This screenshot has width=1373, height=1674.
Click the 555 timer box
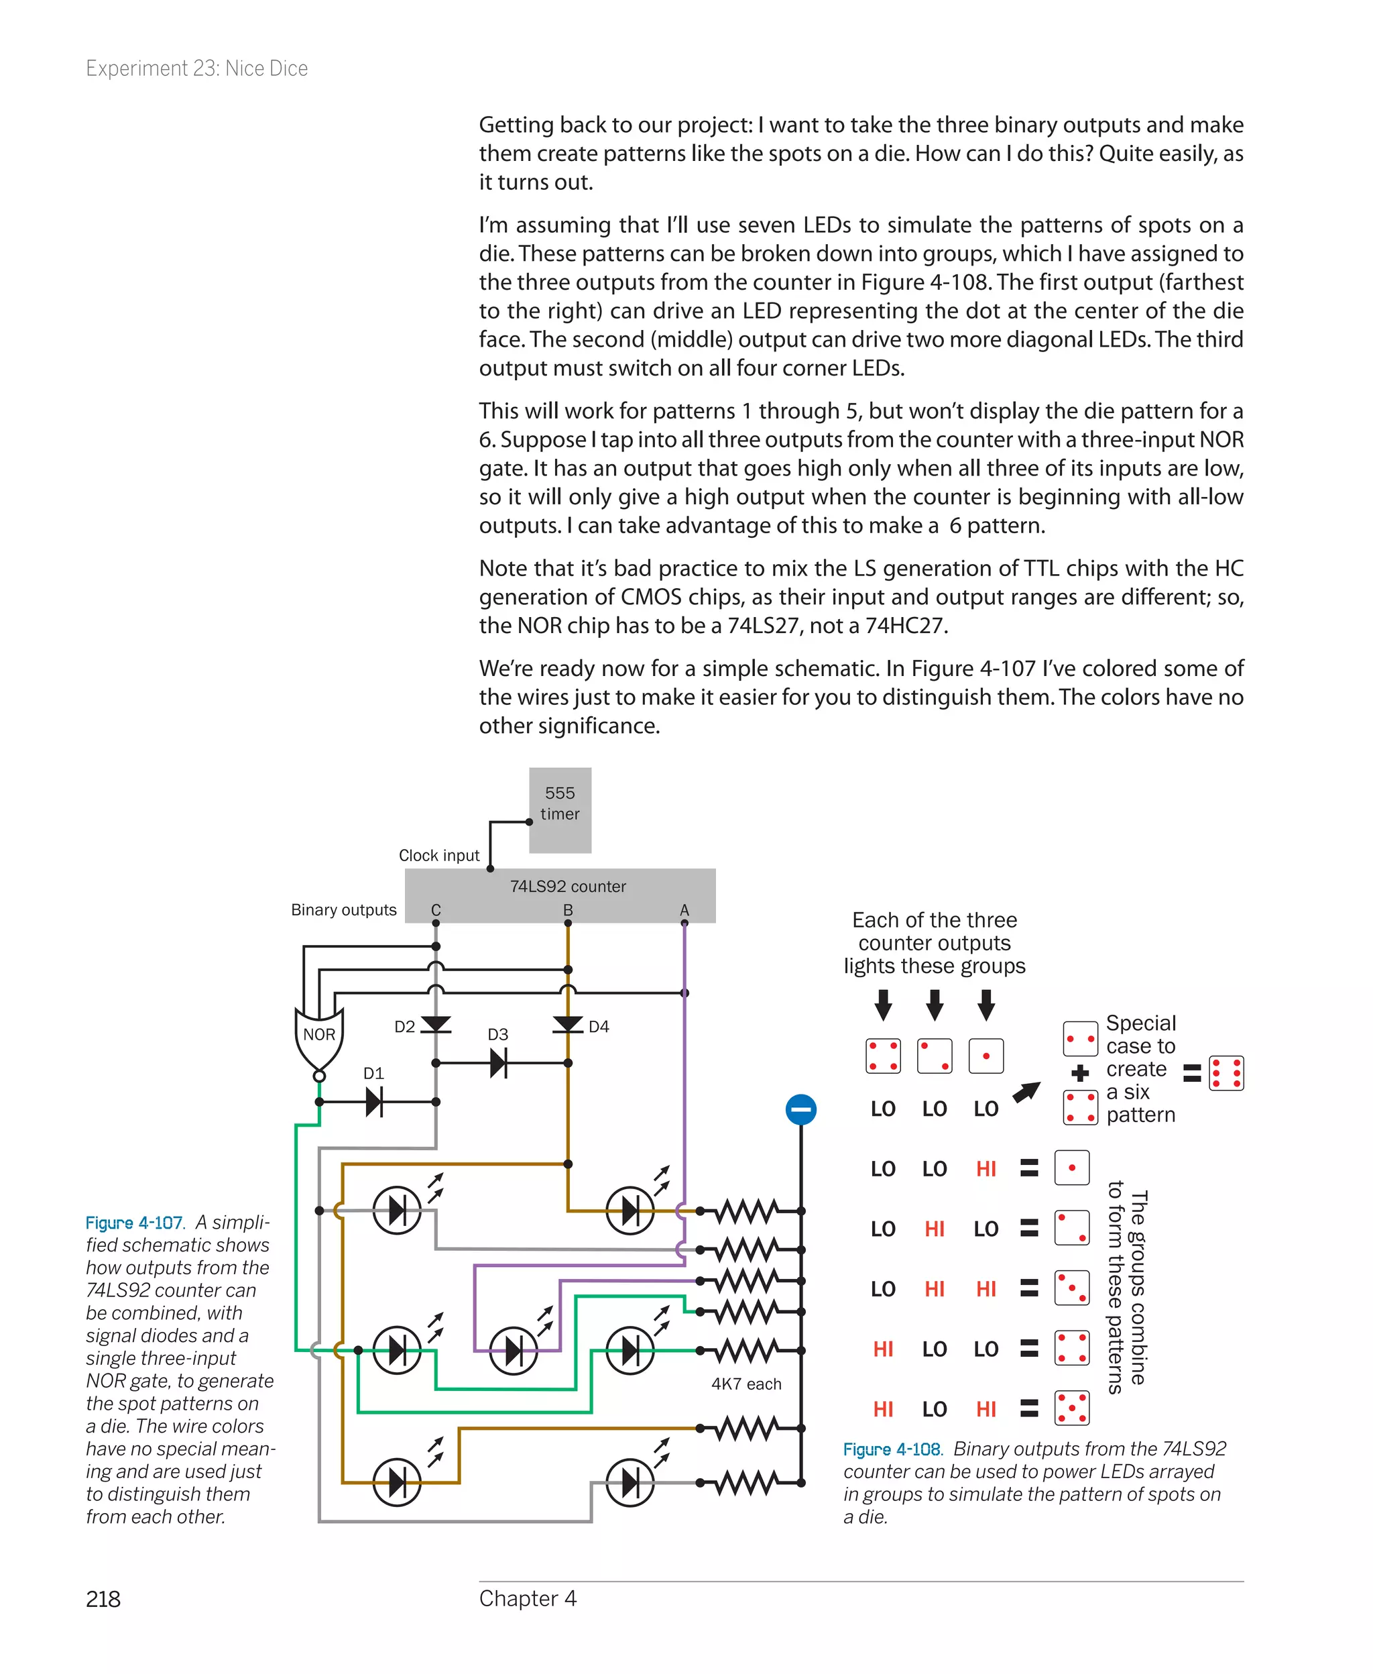(x=559, y=810)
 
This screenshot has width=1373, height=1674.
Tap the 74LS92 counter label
(x=567, y=886)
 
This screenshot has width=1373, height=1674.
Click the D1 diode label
(x=373, y=1073)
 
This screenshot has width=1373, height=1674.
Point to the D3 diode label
(x=497, y=1034)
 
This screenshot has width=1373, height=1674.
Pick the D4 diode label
(x=599, y=1026)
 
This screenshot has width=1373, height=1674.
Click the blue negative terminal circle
(x=800, y=1109)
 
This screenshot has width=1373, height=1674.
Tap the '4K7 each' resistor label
(x=745, y=1384)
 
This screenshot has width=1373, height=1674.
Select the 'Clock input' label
(x=439, y=855)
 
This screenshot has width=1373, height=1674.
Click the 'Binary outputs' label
(x=343, y=910)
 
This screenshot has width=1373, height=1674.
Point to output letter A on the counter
(x=684, y=910)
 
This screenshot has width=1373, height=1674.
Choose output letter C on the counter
(x=436, y=910)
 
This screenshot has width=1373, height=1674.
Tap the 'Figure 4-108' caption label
(x=892, y=1449)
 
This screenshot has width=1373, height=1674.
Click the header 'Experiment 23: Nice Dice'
(x=197, y=69)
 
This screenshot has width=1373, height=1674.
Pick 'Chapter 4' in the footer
(x=528, y=1598)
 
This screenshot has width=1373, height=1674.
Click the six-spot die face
(x=1226, y=1073)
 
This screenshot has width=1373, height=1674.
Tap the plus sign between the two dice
(x=1079, y=1073)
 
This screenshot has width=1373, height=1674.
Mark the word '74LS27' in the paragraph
(x=762, y=626)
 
